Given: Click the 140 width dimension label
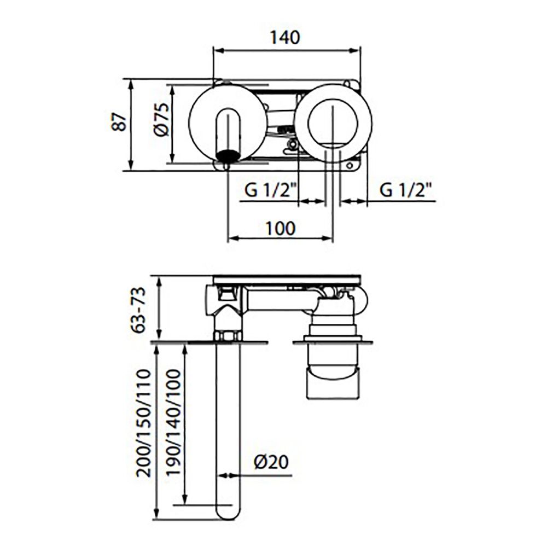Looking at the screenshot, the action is [285, 37].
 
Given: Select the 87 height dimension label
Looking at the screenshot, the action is [119, 121].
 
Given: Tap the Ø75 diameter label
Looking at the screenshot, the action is [161, 119].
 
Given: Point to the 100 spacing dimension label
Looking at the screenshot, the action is [281, 229].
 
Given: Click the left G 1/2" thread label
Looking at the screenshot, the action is [270, 190].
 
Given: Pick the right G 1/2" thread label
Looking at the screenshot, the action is [405, 190].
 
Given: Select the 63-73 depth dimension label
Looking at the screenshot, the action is [138, 310].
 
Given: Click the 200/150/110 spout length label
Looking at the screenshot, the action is [144, 423].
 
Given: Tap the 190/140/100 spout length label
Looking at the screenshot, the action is [173, 422].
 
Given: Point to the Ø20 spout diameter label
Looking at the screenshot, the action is [271, 462].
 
